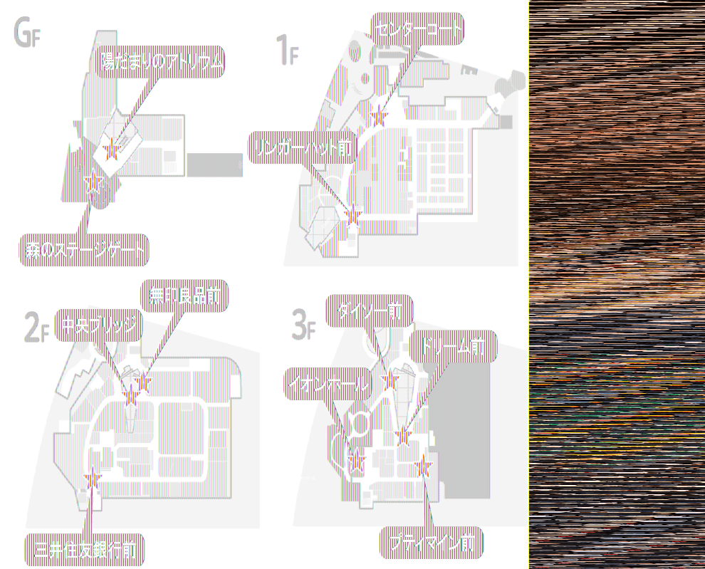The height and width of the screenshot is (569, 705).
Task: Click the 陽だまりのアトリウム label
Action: click(x=162, y=63)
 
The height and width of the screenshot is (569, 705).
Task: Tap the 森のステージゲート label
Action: click(x=83, y=250)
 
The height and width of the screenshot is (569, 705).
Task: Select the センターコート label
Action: click(x=417, y=29)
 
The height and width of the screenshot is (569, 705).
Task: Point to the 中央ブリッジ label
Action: click(x=99, y=325)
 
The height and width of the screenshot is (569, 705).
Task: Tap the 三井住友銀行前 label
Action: click(x=85, y=549)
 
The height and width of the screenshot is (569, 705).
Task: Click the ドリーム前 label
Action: click(x=453, y=347)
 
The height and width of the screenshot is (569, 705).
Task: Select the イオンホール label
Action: click(x=328, y=385)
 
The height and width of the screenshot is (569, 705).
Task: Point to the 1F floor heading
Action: click(x=286, y=51)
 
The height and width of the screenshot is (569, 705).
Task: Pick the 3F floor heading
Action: click(x=303, y=325)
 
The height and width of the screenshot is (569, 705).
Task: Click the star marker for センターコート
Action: click(x=380, y=115)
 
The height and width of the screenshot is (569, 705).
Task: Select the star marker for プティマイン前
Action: click(x=424, y=466)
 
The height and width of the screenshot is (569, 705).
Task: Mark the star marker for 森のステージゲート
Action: click(x=92, y=184)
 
